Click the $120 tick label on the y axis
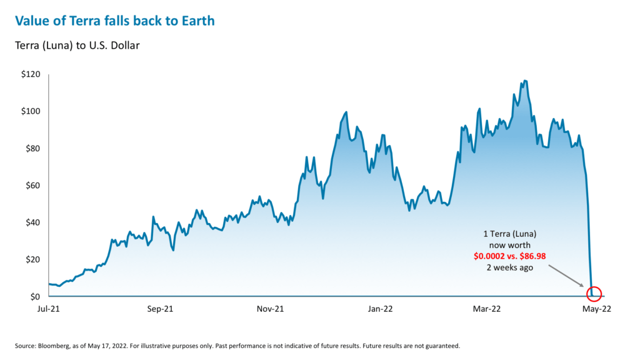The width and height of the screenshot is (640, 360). [31, 74]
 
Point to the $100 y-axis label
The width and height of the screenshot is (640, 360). [31, 111]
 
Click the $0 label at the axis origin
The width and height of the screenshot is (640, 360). [36, 296]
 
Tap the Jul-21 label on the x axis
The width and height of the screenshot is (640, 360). [48, 309]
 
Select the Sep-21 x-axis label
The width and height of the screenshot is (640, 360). [159, 309]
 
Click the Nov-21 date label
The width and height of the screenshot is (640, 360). [270, 309]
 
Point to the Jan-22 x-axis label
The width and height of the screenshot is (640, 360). [379, 309]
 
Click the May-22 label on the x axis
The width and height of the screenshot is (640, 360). [596, 309]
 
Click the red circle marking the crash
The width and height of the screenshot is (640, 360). [594, 293]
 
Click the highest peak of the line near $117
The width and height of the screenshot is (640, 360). [525, 81]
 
